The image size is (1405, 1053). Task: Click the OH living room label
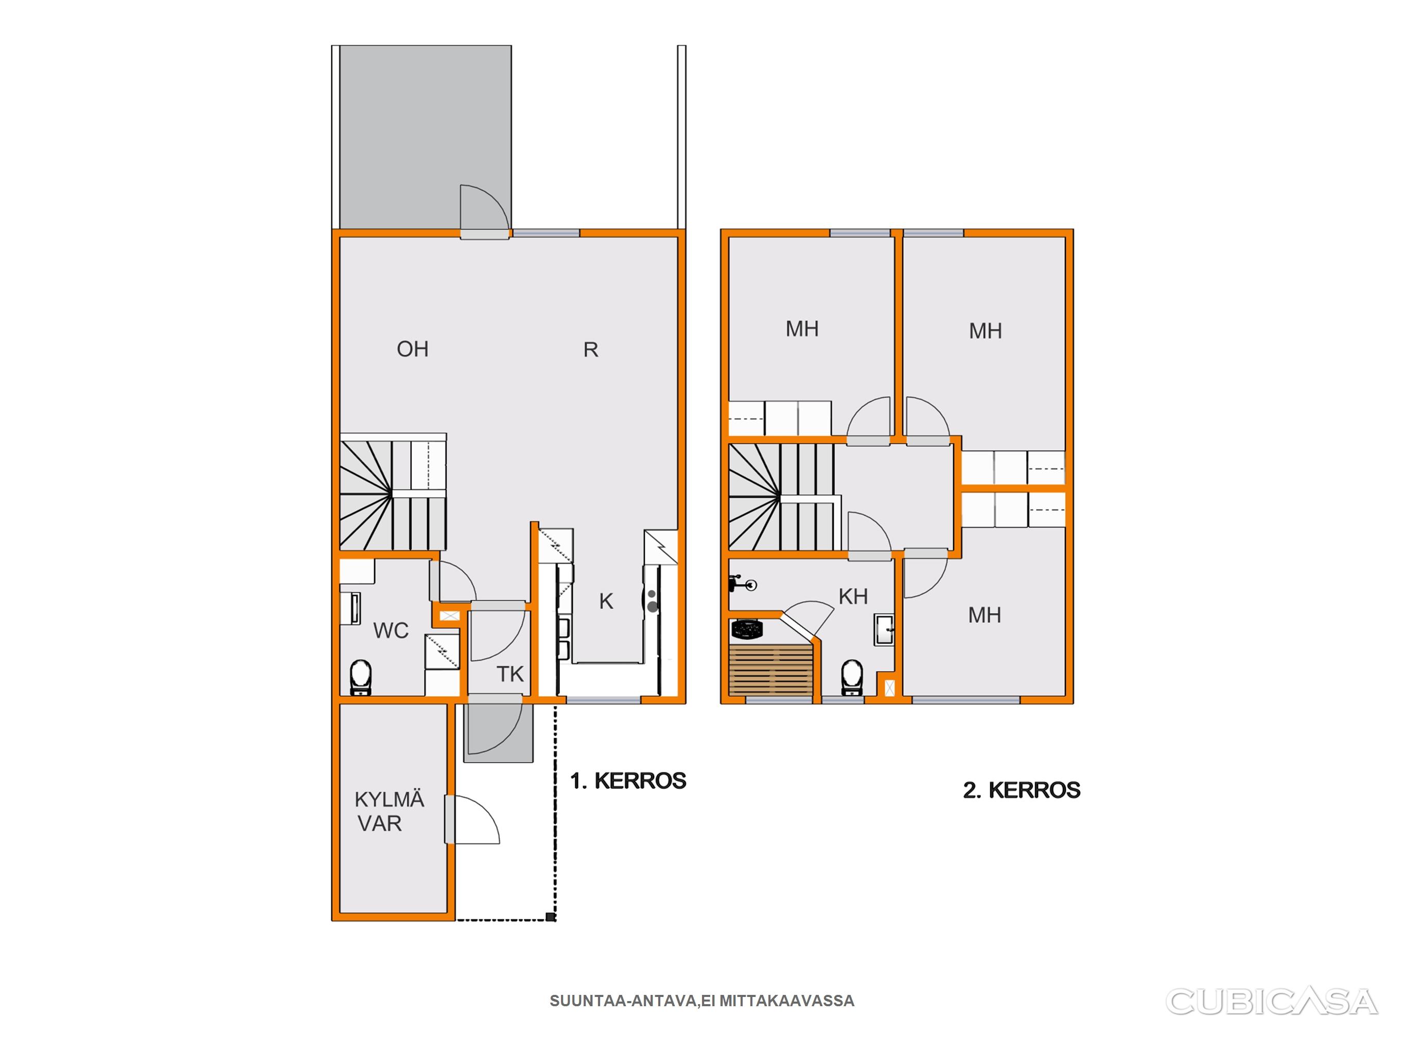tap(412, 349)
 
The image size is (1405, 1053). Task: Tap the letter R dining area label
tap(591, 350)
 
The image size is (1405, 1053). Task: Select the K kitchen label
tap(606, 601)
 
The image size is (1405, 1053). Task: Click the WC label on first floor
tap(391, 630)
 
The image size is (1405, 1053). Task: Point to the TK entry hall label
tap(510, 674)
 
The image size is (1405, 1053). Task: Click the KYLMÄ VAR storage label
tap(389, 811)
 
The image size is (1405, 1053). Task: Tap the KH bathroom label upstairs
tap(853, 596)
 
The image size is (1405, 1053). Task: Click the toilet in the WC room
tap(361, 677)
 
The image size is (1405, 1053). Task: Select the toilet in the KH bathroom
tap(852, 677)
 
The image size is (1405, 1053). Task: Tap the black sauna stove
tap(747, 629)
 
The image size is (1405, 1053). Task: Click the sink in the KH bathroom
tap(884, 630)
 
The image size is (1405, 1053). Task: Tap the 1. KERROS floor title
tap(628, 780)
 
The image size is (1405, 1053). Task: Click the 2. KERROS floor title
tap(1022, 790)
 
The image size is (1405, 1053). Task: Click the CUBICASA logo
tap(1272, 1002)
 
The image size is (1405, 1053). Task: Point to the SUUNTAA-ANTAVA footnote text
tap(702, 1001)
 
